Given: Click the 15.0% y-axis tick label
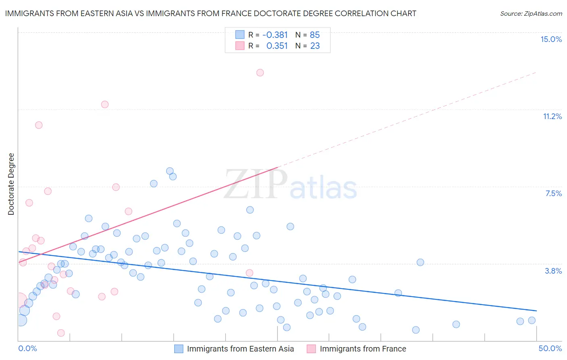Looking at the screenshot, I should click(551, 39).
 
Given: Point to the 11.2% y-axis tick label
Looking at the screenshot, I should click(552, 116).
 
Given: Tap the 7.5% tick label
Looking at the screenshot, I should click(553, 193).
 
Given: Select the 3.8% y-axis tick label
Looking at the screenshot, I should click(553, 271).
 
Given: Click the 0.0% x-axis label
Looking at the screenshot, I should click(27, 348).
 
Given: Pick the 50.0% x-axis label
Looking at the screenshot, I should click(550, 348).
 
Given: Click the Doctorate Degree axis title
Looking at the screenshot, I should click(11, 184).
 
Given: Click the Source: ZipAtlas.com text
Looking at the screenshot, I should click(531, 14).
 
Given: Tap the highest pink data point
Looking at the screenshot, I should click(260, 73).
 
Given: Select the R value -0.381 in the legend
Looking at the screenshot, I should click(275, 35).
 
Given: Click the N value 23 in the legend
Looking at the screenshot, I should click(315, 46).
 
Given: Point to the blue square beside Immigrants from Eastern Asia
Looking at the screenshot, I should click(179, 349).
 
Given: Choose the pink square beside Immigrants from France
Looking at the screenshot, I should click(311, 349).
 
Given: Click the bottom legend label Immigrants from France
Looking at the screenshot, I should click(363, 349).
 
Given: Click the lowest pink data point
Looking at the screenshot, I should click(61, 333).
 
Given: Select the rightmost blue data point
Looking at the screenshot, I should click(532, 320).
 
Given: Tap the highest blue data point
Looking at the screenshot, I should click(170, 171).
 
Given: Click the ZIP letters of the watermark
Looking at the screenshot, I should click(256, 184).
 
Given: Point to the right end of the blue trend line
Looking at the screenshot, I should click(536, 311).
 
